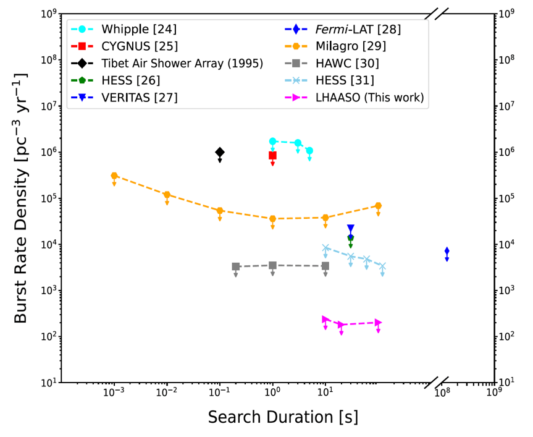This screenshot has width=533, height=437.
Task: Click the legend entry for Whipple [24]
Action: click(130, 29)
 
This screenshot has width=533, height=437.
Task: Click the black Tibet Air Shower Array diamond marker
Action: click(219, 152)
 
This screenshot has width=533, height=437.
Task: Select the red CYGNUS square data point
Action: click(272, 156)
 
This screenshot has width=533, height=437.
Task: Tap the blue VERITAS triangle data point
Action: click(351, 229)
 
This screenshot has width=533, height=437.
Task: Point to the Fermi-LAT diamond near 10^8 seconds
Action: click(447, 251)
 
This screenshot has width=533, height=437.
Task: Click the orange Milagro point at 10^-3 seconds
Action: click(114, 176)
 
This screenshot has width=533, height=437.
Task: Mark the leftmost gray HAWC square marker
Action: click(236, 266)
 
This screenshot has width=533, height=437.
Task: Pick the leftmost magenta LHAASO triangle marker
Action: click(325, 320)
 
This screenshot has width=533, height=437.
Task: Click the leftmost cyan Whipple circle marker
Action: click(272, 142)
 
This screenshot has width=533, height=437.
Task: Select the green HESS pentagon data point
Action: click(351, 237)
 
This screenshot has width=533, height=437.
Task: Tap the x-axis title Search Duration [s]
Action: click(282, 417)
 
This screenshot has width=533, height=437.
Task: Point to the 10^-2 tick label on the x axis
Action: click(166, 394)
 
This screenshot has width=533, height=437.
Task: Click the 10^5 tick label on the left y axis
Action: click(49, 198)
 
